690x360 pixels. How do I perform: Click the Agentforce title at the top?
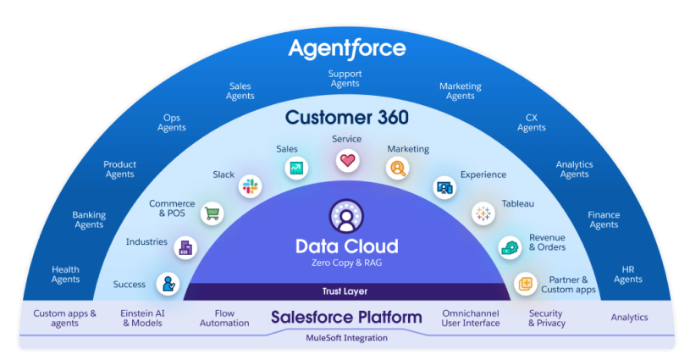347,49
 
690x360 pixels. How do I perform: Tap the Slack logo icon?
250,186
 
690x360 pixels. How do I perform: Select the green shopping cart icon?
213,214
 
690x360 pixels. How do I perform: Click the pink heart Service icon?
347,161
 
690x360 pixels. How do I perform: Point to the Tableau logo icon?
483,214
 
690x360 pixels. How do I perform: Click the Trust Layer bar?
346,291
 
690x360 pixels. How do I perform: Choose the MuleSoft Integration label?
347,338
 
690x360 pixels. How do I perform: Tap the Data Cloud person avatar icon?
346,216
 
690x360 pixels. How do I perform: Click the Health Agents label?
65,274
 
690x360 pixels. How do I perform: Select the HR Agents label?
628,274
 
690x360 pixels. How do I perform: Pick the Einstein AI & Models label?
142,318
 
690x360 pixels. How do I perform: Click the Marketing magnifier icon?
398,168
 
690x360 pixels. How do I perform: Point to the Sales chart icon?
296,168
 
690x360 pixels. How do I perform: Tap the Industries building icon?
185,248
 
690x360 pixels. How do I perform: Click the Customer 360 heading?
347,118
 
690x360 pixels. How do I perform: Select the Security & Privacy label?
547,318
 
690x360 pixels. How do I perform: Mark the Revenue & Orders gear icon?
510,248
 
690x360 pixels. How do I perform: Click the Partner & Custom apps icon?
526,284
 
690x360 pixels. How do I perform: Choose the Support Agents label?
345,79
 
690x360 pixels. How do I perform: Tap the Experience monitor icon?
444,188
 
